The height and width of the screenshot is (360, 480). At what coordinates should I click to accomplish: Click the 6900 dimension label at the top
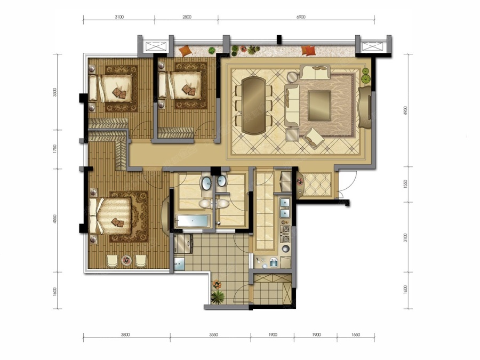click(x=301, y=17)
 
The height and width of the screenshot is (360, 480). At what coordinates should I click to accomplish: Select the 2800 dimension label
click(x=187, y=17)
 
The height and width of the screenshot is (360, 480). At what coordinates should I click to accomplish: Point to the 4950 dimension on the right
click(x=406, y=110)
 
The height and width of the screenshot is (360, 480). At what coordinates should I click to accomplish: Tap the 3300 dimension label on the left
click(x=55, y=92)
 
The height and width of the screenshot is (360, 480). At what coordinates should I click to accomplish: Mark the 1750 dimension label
click(x=55, y=149)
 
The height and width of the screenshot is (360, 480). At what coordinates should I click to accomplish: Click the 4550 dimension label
click(x=55, y=219)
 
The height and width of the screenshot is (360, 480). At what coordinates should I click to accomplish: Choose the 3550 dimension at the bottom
click(x=213, y=334)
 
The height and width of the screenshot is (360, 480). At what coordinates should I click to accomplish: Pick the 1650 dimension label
click(x=355, y=334)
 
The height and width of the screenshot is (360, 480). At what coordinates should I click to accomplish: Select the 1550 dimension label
click(x=406, y=185)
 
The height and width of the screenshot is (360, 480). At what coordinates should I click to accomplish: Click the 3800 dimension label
click(x=125, y=334)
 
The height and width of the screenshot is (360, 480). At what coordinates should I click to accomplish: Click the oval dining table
click(x=253, y=106)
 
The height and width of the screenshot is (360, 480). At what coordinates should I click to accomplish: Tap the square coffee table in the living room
click(x=319, y=106)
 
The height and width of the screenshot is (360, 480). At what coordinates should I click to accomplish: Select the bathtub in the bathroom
click(x=192, y=221)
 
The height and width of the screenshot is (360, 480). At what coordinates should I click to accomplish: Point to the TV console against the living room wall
click(x=365, y=107)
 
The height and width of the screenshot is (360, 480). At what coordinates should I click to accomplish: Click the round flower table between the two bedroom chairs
click(x=126, y=260)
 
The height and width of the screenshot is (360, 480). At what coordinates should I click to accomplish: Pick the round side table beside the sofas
click(x=293, y=77)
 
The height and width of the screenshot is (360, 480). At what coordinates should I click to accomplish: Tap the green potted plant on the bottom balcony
click(x=218, y=297)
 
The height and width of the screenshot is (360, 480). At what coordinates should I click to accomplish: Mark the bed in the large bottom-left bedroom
click(x=110, y=216)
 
